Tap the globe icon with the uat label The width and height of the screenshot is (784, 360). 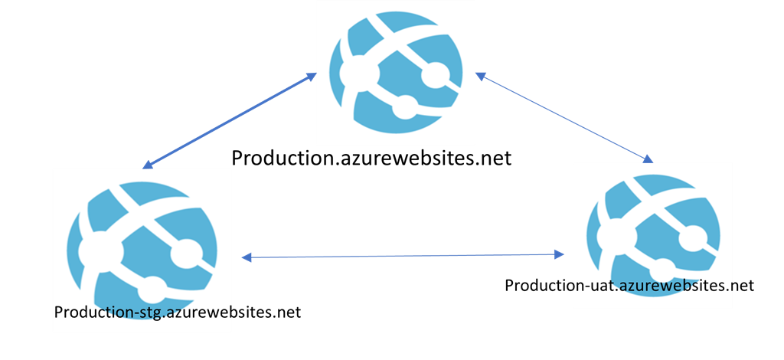coord(652,230)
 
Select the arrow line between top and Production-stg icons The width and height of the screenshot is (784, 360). coord(230,121)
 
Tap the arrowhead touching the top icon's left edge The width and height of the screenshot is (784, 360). coord(311,77)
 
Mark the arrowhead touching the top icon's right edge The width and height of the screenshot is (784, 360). coord(480,77)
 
